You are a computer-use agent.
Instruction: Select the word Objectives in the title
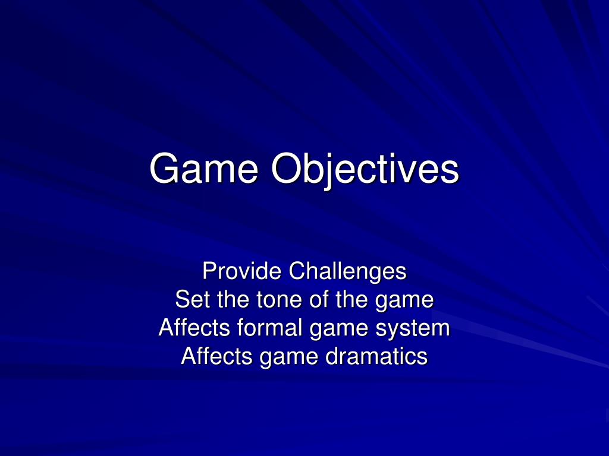(x=365, y=169)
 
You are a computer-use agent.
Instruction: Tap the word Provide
(x=241, y=272)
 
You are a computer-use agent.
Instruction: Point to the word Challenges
(x=347, y=272)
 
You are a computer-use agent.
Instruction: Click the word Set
(x=193, y=300)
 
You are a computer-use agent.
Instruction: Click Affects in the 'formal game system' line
(x=194, y=328)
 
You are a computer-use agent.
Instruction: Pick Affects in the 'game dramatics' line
(x=217, y=357)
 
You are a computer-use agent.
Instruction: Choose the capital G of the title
(x=164, y=169)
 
